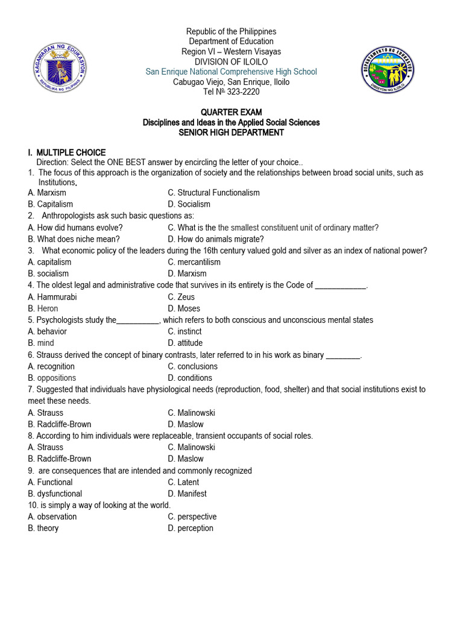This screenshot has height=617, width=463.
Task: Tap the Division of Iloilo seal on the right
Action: (387, 70)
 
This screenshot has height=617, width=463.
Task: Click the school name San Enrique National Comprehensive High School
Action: (231, 72)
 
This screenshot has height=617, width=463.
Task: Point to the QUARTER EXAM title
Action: (231, 113)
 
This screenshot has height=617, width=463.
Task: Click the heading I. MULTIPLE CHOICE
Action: (66, 152)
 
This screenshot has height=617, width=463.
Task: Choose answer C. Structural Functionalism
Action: (214, 193)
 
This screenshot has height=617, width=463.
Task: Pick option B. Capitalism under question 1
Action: (51, 204)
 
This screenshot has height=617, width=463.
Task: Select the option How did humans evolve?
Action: (75, 227)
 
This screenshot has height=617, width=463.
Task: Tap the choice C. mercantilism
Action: (194, 262)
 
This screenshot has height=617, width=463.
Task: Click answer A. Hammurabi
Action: (52, 297)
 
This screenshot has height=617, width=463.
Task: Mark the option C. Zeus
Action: (181, 297)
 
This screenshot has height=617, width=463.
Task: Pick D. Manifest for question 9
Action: (187, 493)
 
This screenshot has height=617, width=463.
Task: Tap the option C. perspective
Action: (192, 516)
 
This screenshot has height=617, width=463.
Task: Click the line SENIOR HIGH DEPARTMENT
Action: (231, 133)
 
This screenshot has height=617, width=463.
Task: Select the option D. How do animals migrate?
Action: (216, 239)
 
